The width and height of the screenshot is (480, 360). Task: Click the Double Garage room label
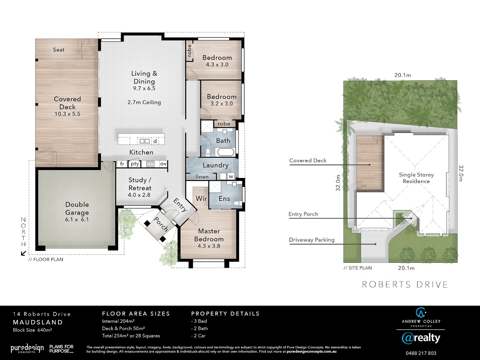click(x=77, y=208)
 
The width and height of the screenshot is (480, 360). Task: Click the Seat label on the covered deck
click(x=59, y=50)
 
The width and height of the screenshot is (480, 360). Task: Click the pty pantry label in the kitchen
click(x=135, y=164)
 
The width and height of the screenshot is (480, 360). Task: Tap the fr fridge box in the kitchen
click(x=122, y=164)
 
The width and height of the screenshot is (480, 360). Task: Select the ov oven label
click(x=163, y=164)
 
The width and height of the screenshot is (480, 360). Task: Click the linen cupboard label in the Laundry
click(x=202, y=177)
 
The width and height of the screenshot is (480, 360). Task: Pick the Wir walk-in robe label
click(x=201, y=198)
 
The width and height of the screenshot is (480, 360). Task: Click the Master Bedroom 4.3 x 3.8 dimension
click(x=209, y=246)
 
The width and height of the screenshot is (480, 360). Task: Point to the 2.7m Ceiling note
click(x=144, y=102)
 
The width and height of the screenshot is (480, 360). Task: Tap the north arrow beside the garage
click(x=23, y=253)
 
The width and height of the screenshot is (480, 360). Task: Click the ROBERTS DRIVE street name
click(x=405, y=284)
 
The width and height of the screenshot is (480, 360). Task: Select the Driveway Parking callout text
click(x=312, y=240)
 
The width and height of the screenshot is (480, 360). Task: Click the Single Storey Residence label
click(x=416, y=178)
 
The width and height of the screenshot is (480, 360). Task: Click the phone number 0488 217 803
click(x=421, y=353)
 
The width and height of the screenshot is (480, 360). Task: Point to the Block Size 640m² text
click(x=32, y=330)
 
